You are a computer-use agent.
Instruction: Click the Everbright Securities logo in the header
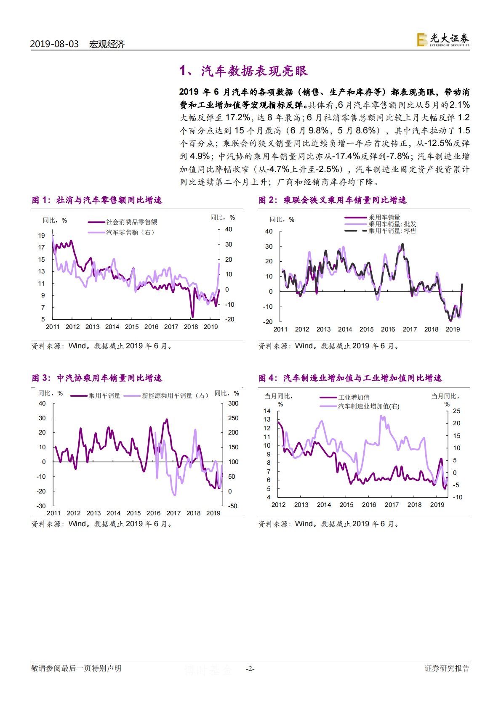pyautogui.click(x=443, y=40)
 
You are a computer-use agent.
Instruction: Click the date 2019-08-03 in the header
pyautogui.click(x=54, y=44)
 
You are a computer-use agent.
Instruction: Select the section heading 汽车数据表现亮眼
pyautogui.click(x=254, y=71)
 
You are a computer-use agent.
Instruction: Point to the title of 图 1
pyautogui.click(x=97, y=200)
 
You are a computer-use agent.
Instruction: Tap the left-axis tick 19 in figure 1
pyautogui.click(x=41, y=236)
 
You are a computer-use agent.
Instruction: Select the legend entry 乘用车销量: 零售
pyautogui.click(x=392, y=231)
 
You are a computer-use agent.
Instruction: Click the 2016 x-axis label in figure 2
pyautogui.click(x=388, y=329)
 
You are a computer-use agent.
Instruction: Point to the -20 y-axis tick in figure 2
pyautogui.click(x=268, y=322)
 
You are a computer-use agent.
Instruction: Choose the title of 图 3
pyautogui.click(x=97, y=378)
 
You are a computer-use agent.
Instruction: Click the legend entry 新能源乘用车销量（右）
pyautogui.click(x=175, y=396)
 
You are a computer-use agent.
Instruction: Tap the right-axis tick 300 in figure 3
pyautogui.click(x=233, y=403)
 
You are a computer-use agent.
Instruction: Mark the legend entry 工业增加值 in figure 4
pyautogui.click(x=354, y=397)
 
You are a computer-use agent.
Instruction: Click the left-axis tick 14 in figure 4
pyautogui.click(x=267, y=411)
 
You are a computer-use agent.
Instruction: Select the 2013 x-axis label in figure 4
pyautogui.click(x=301, y=505)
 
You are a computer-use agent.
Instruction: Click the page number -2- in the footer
pyautogui.click(x=250, y=668)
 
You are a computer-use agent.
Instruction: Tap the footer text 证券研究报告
pyautogui.click(x=447, y=668)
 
